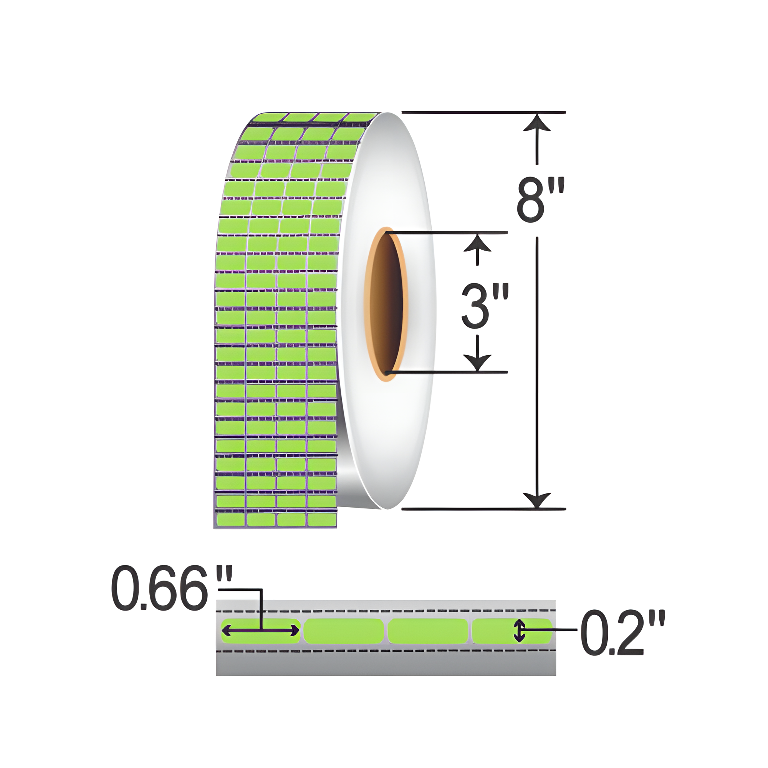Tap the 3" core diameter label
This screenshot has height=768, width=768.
pyautogui.click(x=484, y=306)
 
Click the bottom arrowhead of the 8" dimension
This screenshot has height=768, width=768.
pyautogui.click(x=537, y=500)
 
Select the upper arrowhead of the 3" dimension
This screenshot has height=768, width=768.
pyautogui.click(x=477, y=243)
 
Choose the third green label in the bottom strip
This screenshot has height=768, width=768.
pyautogui.click(x=428, y=631)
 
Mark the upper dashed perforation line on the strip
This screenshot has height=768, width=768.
pyautogui.click(x=386, y=611)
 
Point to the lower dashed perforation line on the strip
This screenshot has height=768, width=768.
pyautogui.click(x=386, y=651)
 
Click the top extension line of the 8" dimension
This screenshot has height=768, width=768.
pyautogui.click(x=483, y=113)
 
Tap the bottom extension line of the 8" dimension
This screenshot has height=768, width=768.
pyautogui.click(x=483, y=508)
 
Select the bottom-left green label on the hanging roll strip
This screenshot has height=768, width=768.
pyautogui.click(x=230, y=520)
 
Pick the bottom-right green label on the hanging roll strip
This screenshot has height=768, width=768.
pyautogui.click(x=323, y=520)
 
